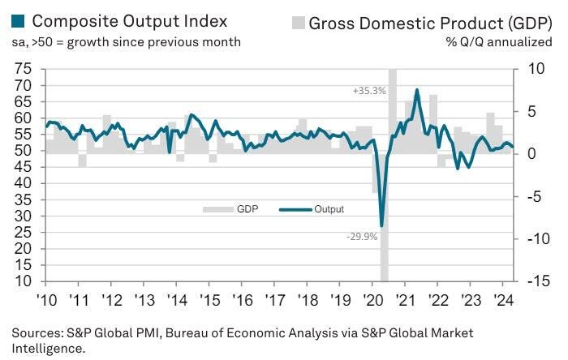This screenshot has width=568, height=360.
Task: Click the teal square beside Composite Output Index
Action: tap(18, 21)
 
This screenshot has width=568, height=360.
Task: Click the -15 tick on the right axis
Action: tap(535, 281)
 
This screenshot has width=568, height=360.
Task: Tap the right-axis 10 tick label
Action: tap(533, 70)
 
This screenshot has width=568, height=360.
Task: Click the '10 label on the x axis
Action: tap(44, 300)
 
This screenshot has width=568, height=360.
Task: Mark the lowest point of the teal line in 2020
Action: tap(381, 226)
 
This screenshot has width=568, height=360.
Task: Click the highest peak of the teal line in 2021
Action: tap(417, 90)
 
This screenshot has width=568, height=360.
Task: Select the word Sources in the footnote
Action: tap(35, 333)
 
